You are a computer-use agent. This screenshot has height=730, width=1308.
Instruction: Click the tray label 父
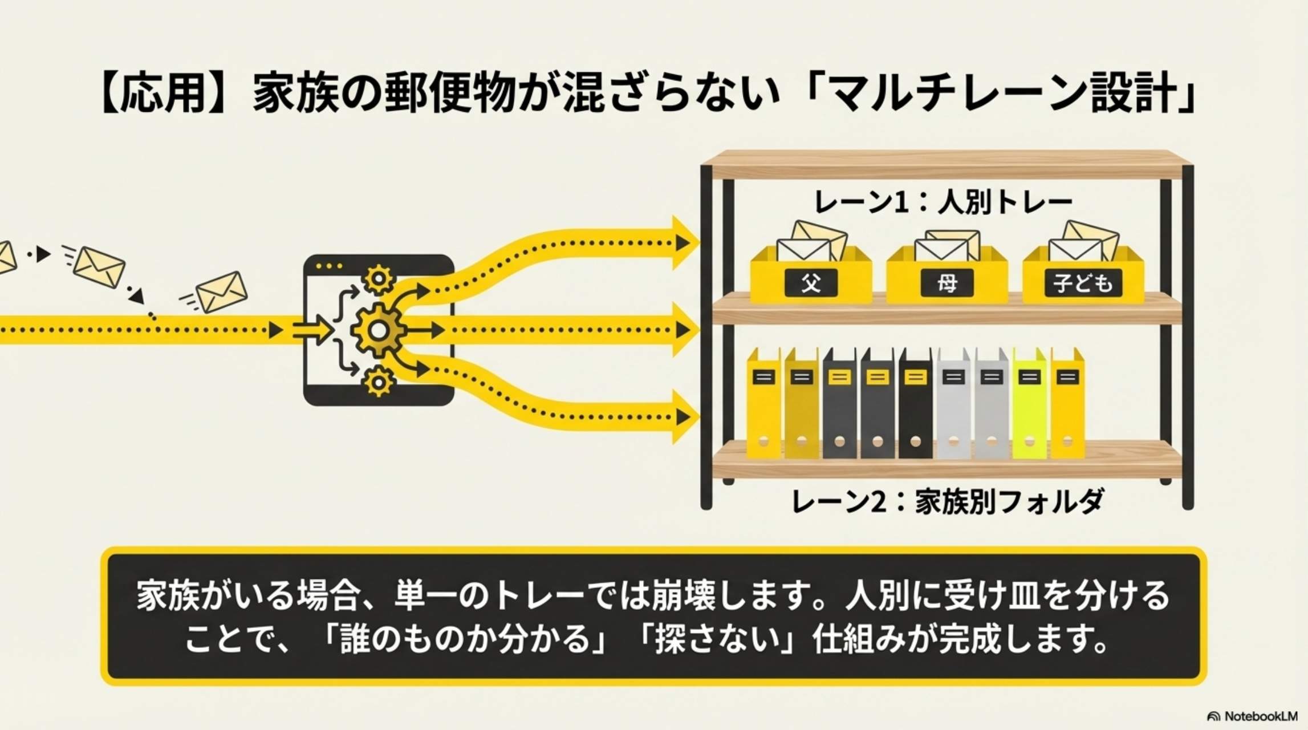[811, 283]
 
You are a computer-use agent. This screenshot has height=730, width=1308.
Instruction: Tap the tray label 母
[947, 283]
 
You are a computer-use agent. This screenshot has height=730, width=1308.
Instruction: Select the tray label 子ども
[1082, 283]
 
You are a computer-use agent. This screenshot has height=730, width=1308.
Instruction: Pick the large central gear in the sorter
[378, 330]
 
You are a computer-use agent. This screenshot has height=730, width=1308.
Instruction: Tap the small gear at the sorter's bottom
[379, 381]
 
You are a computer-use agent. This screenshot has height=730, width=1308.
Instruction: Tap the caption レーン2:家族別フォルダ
[947, 502]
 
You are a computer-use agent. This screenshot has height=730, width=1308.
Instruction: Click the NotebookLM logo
[1252, 716]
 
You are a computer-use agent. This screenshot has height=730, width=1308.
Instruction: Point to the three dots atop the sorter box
[329, 266]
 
